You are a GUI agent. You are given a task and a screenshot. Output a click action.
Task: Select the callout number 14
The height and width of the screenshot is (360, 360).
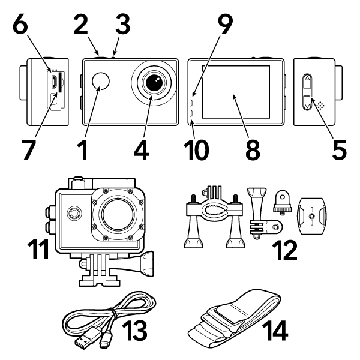[x=269, y=328]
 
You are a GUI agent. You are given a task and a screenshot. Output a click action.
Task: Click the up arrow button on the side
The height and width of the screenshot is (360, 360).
[x=307, y=80]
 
